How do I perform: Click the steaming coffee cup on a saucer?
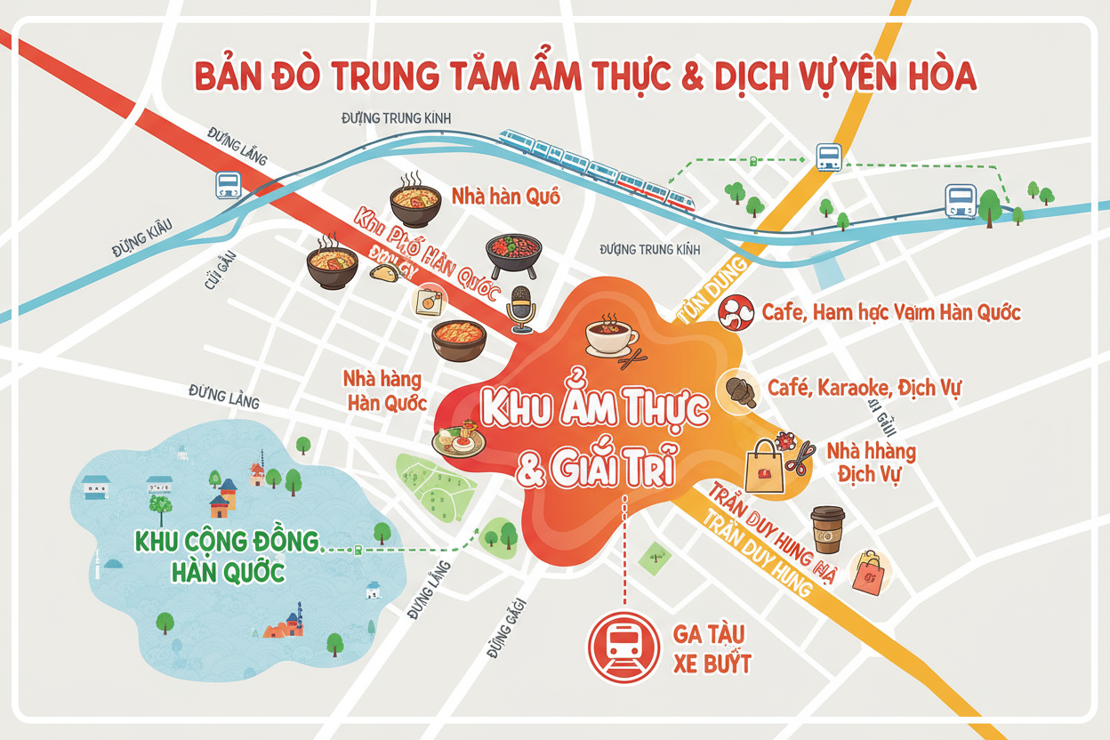(611, 335)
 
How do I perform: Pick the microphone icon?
(521, 308)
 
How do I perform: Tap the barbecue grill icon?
(513, 255)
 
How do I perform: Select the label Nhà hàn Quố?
(505, 197)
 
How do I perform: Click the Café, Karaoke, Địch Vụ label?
(864, 389)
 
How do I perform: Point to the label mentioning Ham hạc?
(891, 312)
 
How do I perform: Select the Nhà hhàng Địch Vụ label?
(871, 462)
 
